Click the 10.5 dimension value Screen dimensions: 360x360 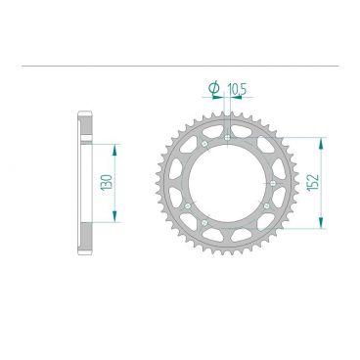click(236, 90)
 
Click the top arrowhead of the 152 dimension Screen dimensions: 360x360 click(318, 140)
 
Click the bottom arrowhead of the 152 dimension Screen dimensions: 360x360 click(318, 226)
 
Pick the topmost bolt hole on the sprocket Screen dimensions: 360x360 click(227, 137)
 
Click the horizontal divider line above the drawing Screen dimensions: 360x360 click(180, 66)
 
